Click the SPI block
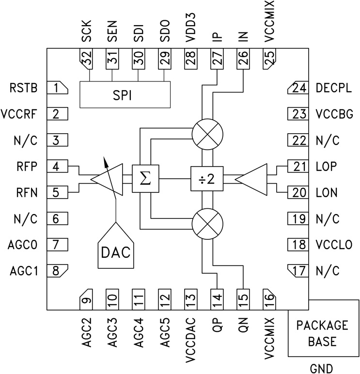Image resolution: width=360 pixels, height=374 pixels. tap(125, 95)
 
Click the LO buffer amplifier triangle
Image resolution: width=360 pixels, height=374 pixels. tap(253, 179)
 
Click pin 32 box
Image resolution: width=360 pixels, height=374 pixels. tap(86, 59)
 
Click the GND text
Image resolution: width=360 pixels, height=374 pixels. tap(323, 367)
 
